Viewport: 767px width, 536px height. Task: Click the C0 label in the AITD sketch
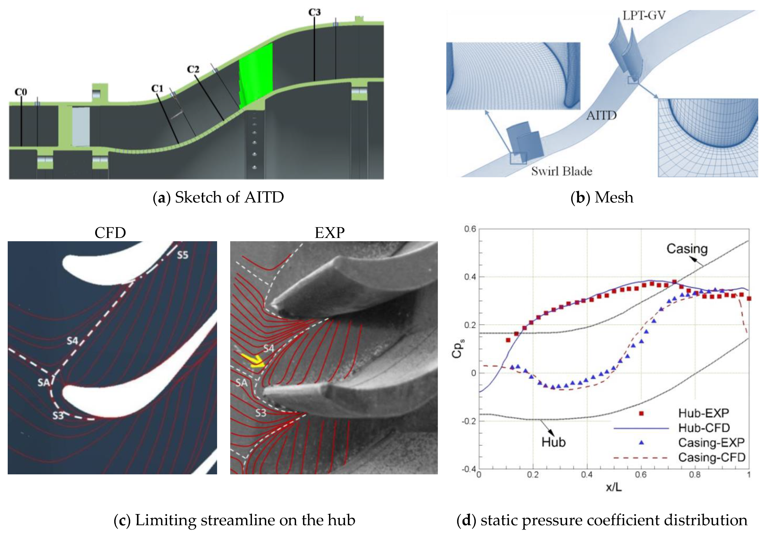[x=21, y=92]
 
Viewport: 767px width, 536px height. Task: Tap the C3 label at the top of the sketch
[x=314, y=12]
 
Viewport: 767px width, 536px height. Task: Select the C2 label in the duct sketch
[x=193, y=69]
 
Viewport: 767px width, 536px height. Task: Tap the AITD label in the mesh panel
[x=601, y=115]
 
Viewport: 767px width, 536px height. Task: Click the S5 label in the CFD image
[x=182, y=255]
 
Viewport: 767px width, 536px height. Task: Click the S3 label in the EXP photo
[x=261, y=413]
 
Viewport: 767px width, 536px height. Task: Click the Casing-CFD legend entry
[x=711, y=457]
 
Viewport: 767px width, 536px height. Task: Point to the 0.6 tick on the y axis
[x=470, y=229]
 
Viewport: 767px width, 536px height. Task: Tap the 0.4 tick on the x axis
[x=587, y=475]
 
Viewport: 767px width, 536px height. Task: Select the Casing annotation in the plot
[x=687, y=249]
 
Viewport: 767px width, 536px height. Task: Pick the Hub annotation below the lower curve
[x=554, y=442]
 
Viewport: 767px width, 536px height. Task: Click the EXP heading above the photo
[x=329, y=233]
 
